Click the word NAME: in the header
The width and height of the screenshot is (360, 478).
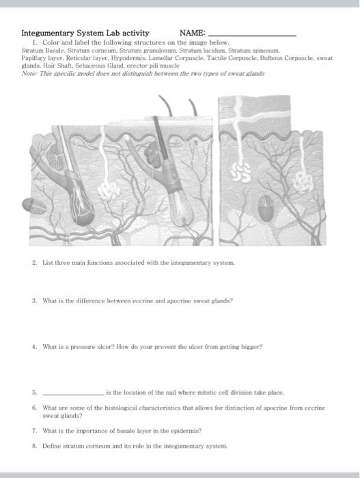coord(191,33)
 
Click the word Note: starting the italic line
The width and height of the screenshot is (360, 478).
coord(29,74)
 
